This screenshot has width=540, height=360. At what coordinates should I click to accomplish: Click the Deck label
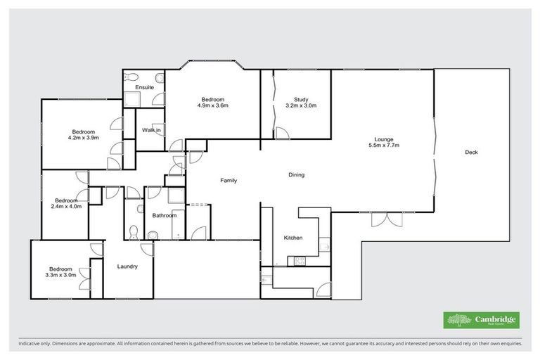click(471, 153)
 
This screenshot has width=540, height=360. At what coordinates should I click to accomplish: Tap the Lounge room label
click(383, 139)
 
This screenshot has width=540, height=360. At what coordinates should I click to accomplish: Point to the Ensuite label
click(145, 87)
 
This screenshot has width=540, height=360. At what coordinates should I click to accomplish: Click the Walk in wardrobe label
click(151, 130)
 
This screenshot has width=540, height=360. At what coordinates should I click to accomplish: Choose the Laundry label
click(127, 266)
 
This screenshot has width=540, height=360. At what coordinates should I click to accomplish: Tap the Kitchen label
click(293, 238)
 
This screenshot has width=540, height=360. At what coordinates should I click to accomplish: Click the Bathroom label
click(165, 215)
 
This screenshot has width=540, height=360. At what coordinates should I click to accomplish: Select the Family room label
click(228, 181)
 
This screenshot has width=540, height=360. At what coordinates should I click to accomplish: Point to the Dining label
click(295, 175)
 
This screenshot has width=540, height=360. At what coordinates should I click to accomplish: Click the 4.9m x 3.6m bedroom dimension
click(212, 106)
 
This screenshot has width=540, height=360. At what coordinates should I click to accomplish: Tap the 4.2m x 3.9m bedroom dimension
click(83, 139)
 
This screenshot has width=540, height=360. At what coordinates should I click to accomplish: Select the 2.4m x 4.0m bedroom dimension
click(66, 207)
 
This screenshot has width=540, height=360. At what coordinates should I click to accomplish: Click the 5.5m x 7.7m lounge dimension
click(383, 146)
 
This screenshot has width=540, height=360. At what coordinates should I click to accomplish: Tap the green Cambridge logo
click(482, 320)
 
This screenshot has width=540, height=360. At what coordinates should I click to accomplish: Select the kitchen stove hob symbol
click(299, 260)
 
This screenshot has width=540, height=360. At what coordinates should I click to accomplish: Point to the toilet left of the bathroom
click(133, 231)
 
